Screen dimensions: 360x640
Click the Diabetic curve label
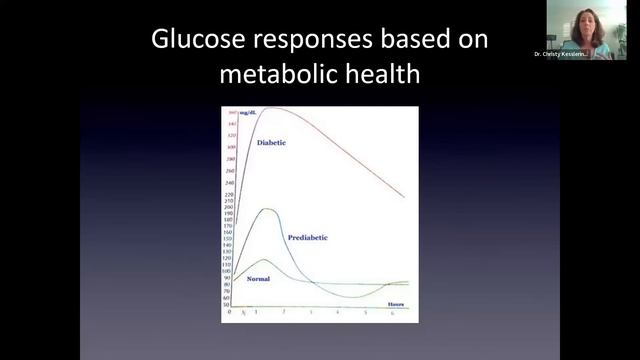click(x=271, y=143)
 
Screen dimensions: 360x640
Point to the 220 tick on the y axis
click(x=229, y=195)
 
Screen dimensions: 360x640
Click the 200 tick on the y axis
click(x=229, y=208)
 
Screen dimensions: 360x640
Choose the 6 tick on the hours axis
click(x=392, y=313)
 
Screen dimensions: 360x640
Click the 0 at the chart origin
click(x=229, y=313)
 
